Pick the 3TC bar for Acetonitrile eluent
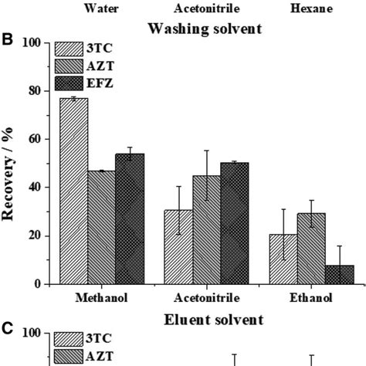pyautogui.click(x=178, y=246)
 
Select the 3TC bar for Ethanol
pyautogui.click(x=283, y=259)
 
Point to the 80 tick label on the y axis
pyautogui.click(x=32, y=91)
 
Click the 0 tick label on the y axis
pyautogui.click(x=36, y=284)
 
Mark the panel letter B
pyautogui.click(x=7, y=35)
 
